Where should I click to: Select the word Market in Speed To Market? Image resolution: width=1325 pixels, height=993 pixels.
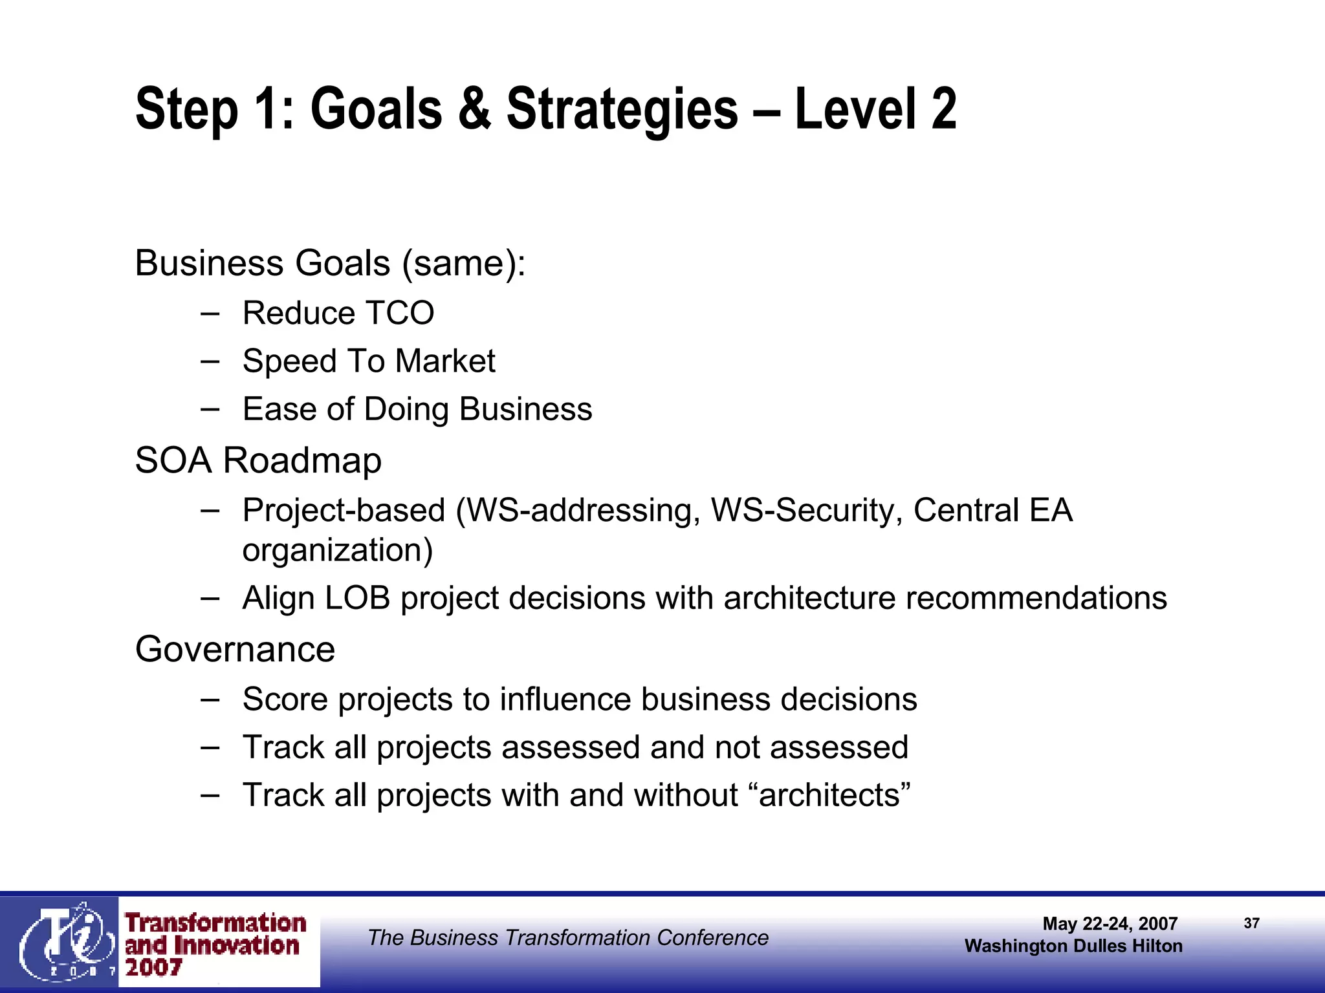pos(445,361)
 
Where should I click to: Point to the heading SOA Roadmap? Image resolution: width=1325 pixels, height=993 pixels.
pos(258,460)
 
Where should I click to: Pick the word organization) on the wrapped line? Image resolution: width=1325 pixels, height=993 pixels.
pos(337,550)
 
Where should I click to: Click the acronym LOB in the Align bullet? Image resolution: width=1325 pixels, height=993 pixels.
pos(357,598)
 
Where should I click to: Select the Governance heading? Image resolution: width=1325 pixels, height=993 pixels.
pos(235,649)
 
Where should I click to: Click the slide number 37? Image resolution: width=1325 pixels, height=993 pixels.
pos(1251,923)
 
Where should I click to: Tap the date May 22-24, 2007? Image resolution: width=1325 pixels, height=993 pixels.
pos(1110,923)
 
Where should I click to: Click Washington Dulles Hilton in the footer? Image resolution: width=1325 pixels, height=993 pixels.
pos(1073,946)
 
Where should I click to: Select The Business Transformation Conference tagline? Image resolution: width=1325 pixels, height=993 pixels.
pos(568,937)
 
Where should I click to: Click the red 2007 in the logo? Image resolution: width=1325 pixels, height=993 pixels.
pos(154,968)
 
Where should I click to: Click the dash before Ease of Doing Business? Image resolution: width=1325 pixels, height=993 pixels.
pos(210,409)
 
